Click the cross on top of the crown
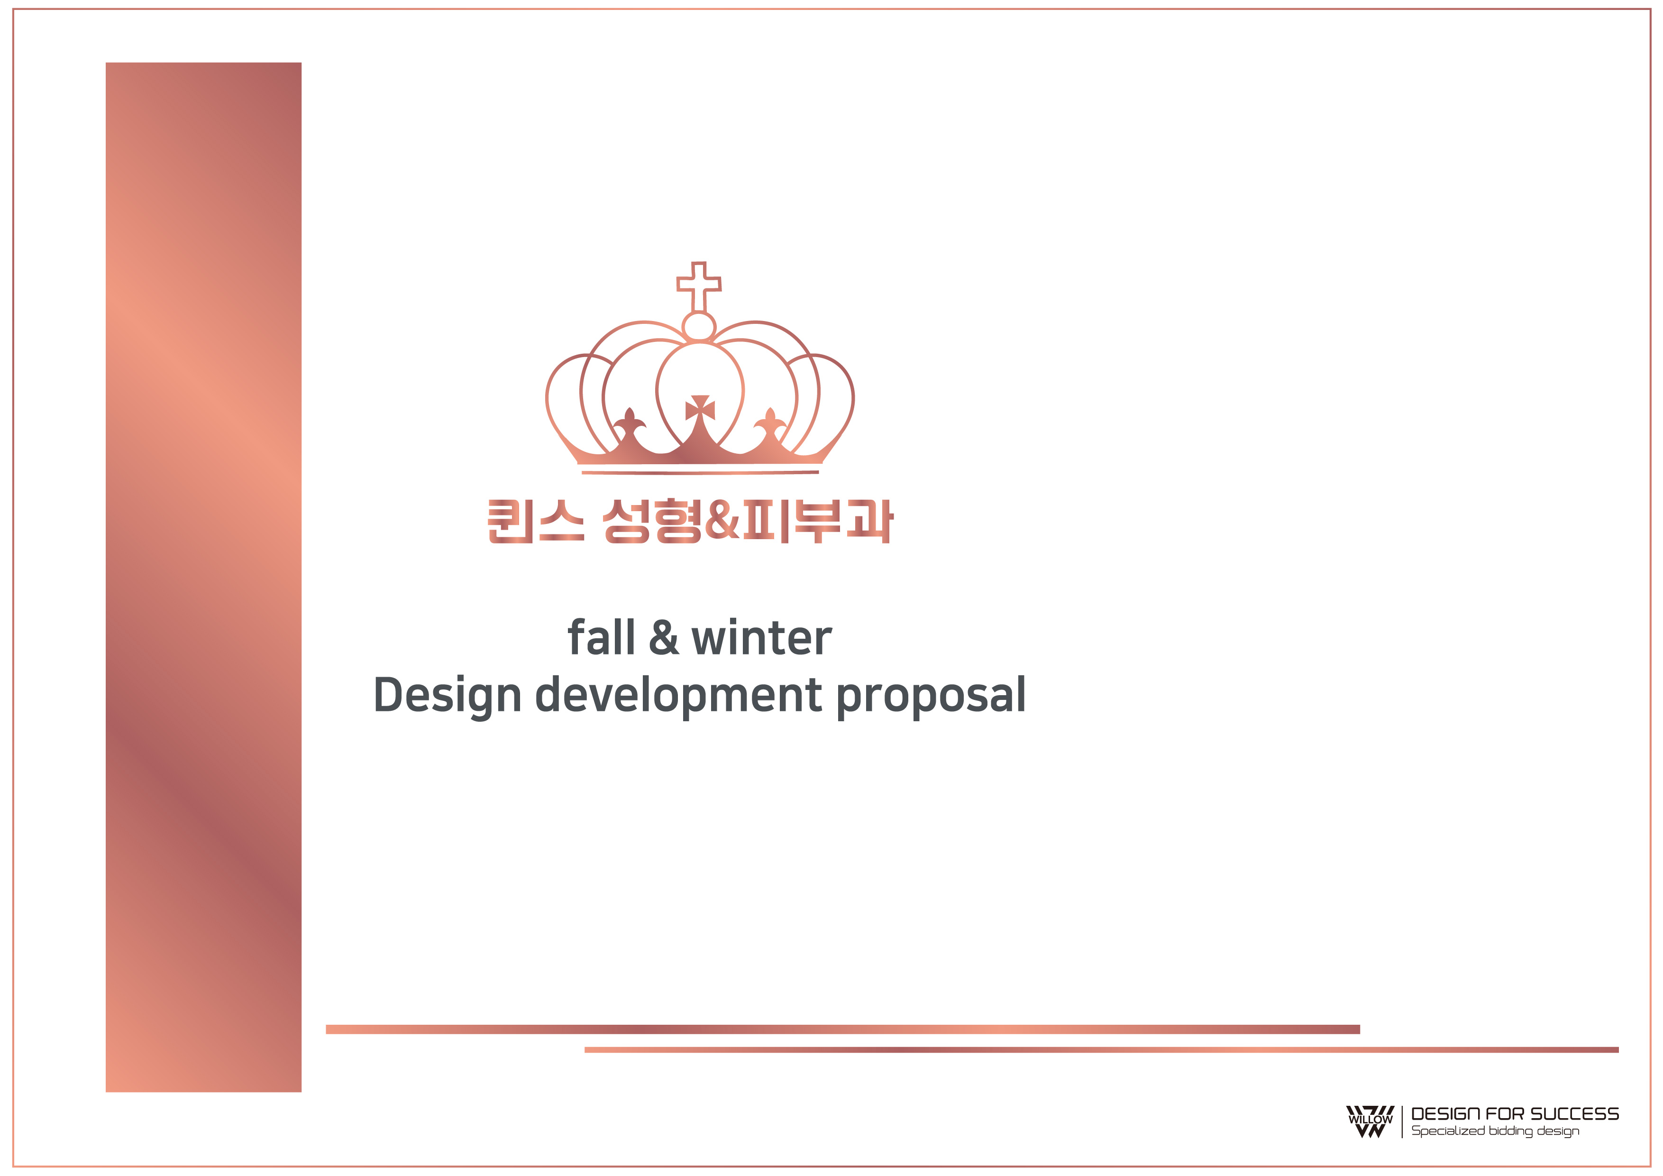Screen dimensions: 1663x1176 click(699, 288)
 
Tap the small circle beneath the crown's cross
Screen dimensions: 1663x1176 click(699, 327)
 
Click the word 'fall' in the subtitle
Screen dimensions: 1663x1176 click(601, 638)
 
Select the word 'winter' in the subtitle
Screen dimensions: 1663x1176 click(762, 638)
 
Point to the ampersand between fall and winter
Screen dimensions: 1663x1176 click(664, 638)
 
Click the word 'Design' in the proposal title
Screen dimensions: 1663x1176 click(448, 696)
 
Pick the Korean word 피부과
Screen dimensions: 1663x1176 click(818, 521)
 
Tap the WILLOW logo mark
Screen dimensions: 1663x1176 click(1370, 1121)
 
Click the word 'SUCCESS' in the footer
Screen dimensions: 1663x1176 click(1575, 1114)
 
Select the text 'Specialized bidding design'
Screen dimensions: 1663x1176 click(1495, 1131)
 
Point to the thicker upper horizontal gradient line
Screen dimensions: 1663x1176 click(843, 1029)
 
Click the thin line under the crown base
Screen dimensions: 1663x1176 click(700, 472)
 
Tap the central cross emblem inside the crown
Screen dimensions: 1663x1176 click(700, 408)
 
